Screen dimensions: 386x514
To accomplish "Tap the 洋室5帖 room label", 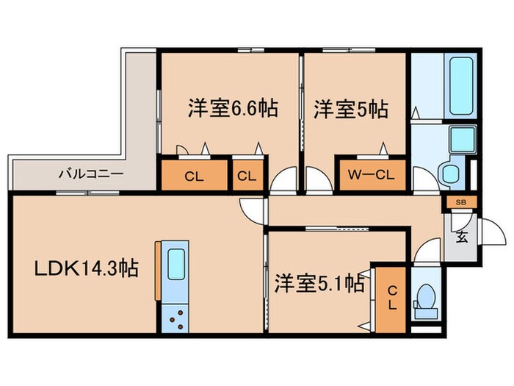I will pyautogui.click(x=351, y=110).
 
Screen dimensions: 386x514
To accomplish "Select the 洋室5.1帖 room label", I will pyautogui.click(x=319, y=284).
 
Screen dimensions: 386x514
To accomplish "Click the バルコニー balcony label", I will pyautogui.click(x=90, y=175).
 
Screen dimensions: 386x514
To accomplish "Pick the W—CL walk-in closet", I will pyautogui.click(x=371, y=176).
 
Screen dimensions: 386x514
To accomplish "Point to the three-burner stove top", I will pyautogui.click(x=176, y=317).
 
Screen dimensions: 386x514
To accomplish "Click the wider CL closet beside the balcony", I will pyautogui.click(x=194, y=176).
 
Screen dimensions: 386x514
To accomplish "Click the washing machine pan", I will pyautogui.click(x=463, y=138).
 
